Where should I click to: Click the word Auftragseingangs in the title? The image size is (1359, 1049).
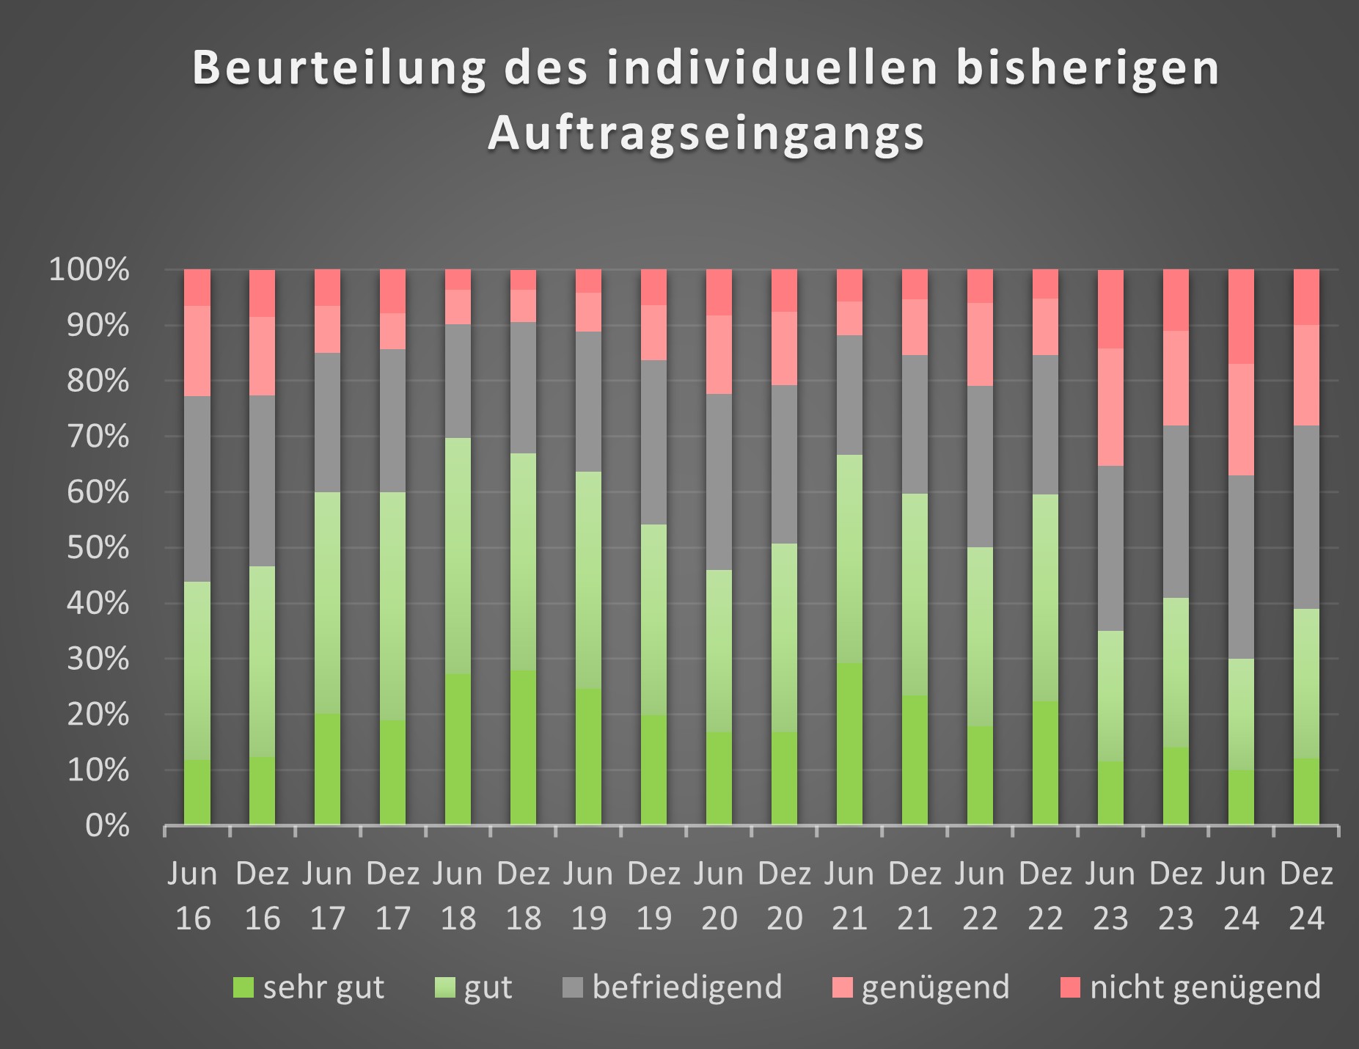(706, 134)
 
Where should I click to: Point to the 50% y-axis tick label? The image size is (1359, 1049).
(98, 548)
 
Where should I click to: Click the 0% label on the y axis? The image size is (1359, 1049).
(107, 826)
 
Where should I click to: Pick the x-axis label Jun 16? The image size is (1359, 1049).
(193, 895)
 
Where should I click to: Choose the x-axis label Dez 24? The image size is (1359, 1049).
(1306, 895)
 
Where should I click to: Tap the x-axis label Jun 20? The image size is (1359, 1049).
(719, 895)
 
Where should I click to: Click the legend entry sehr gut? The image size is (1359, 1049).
(323, 987)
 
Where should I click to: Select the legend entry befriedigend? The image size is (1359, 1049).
(686, 987)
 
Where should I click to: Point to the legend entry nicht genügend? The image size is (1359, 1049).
(1205, 987)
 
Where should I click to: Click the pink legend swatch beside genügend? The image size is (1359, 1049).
(843, 988)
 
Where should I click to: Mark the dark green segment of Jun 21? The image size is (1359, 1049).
(849, 744)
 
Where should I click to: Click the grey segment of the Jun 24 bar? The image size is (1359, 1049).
(1241, 567)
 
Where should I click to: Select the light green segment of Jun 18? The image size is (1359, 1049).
(458, 555)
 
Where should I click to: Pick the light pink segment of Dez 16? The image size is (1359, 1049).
(263, 356)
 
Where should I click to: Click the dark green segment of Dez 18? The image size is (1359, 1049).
(524, 748)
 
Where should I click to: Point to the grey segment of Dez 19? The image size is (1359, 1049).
(654, 442)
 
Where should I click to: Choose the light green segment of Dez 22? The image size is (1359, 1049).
(1045, 597)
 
